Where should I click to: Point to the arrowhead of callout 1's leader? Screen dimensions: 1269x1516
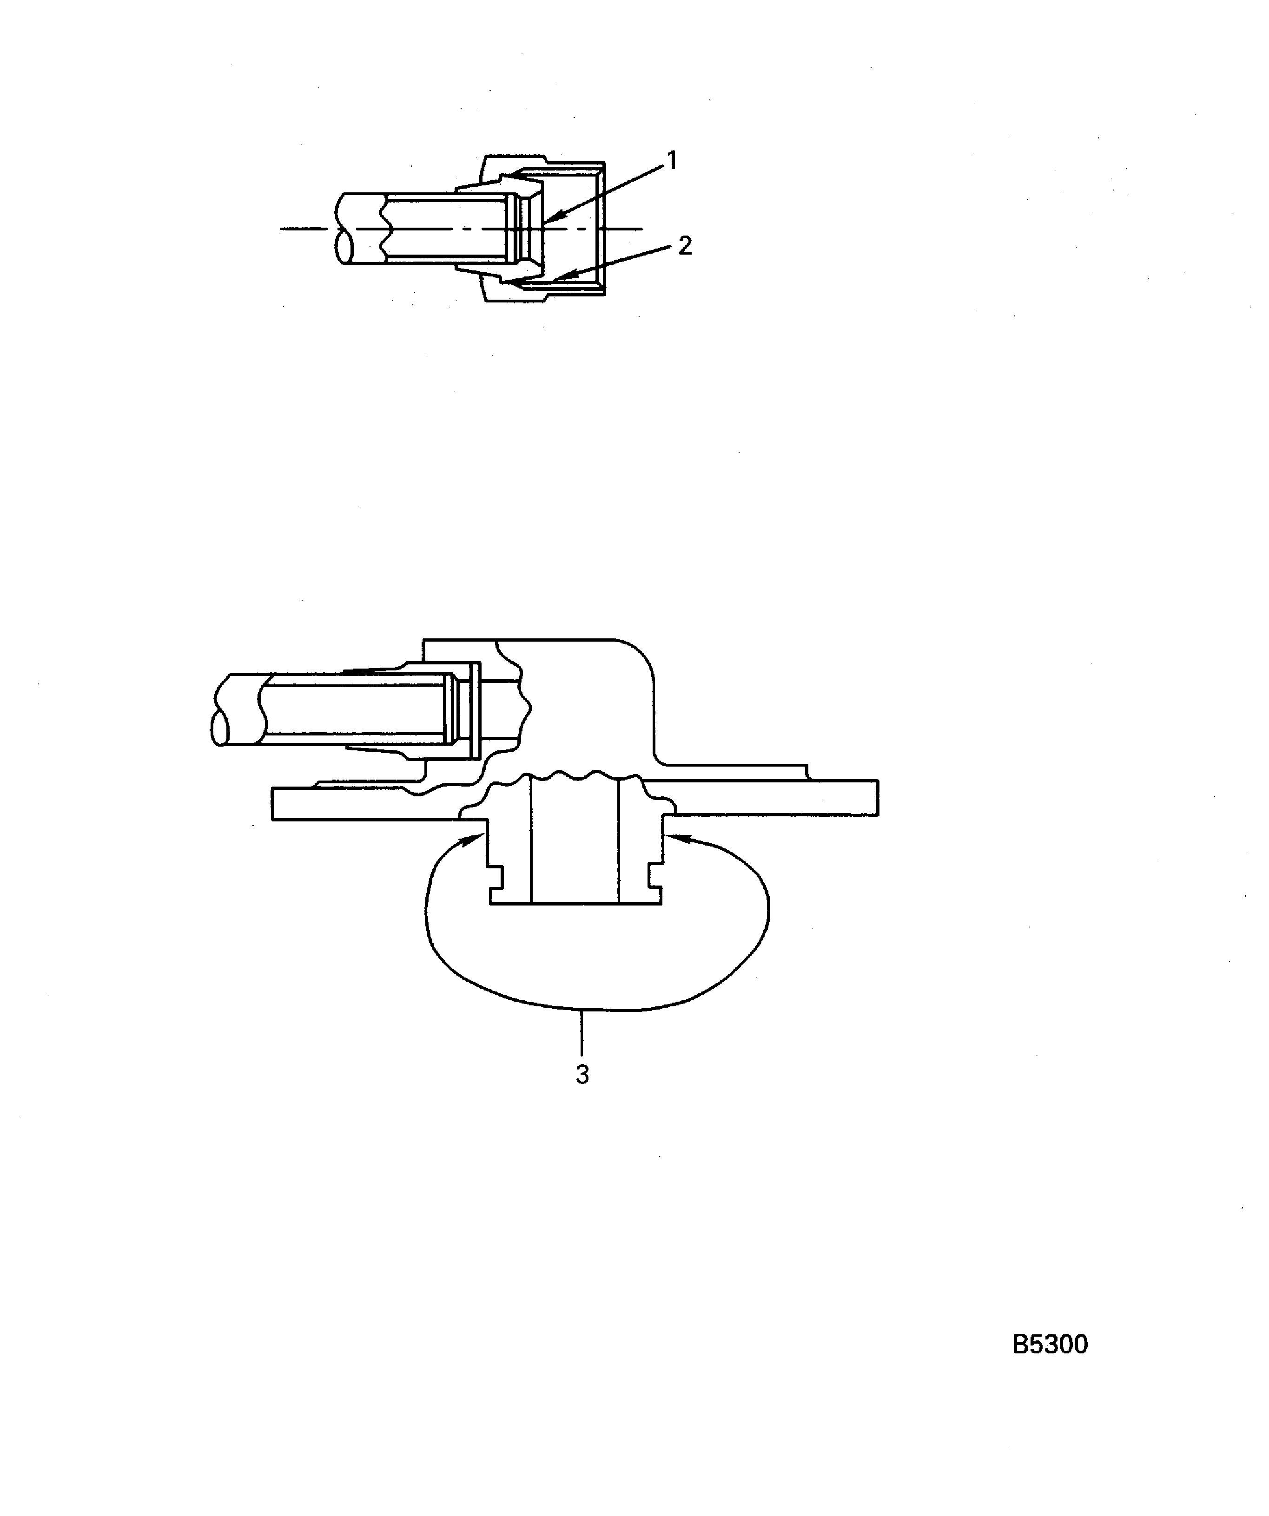coord(545,219)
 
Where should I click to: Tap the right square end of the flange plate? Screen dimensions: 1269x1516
coord(878,798)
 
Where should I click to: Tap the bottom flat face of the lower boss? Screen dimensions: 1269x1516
coord(575,903)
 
